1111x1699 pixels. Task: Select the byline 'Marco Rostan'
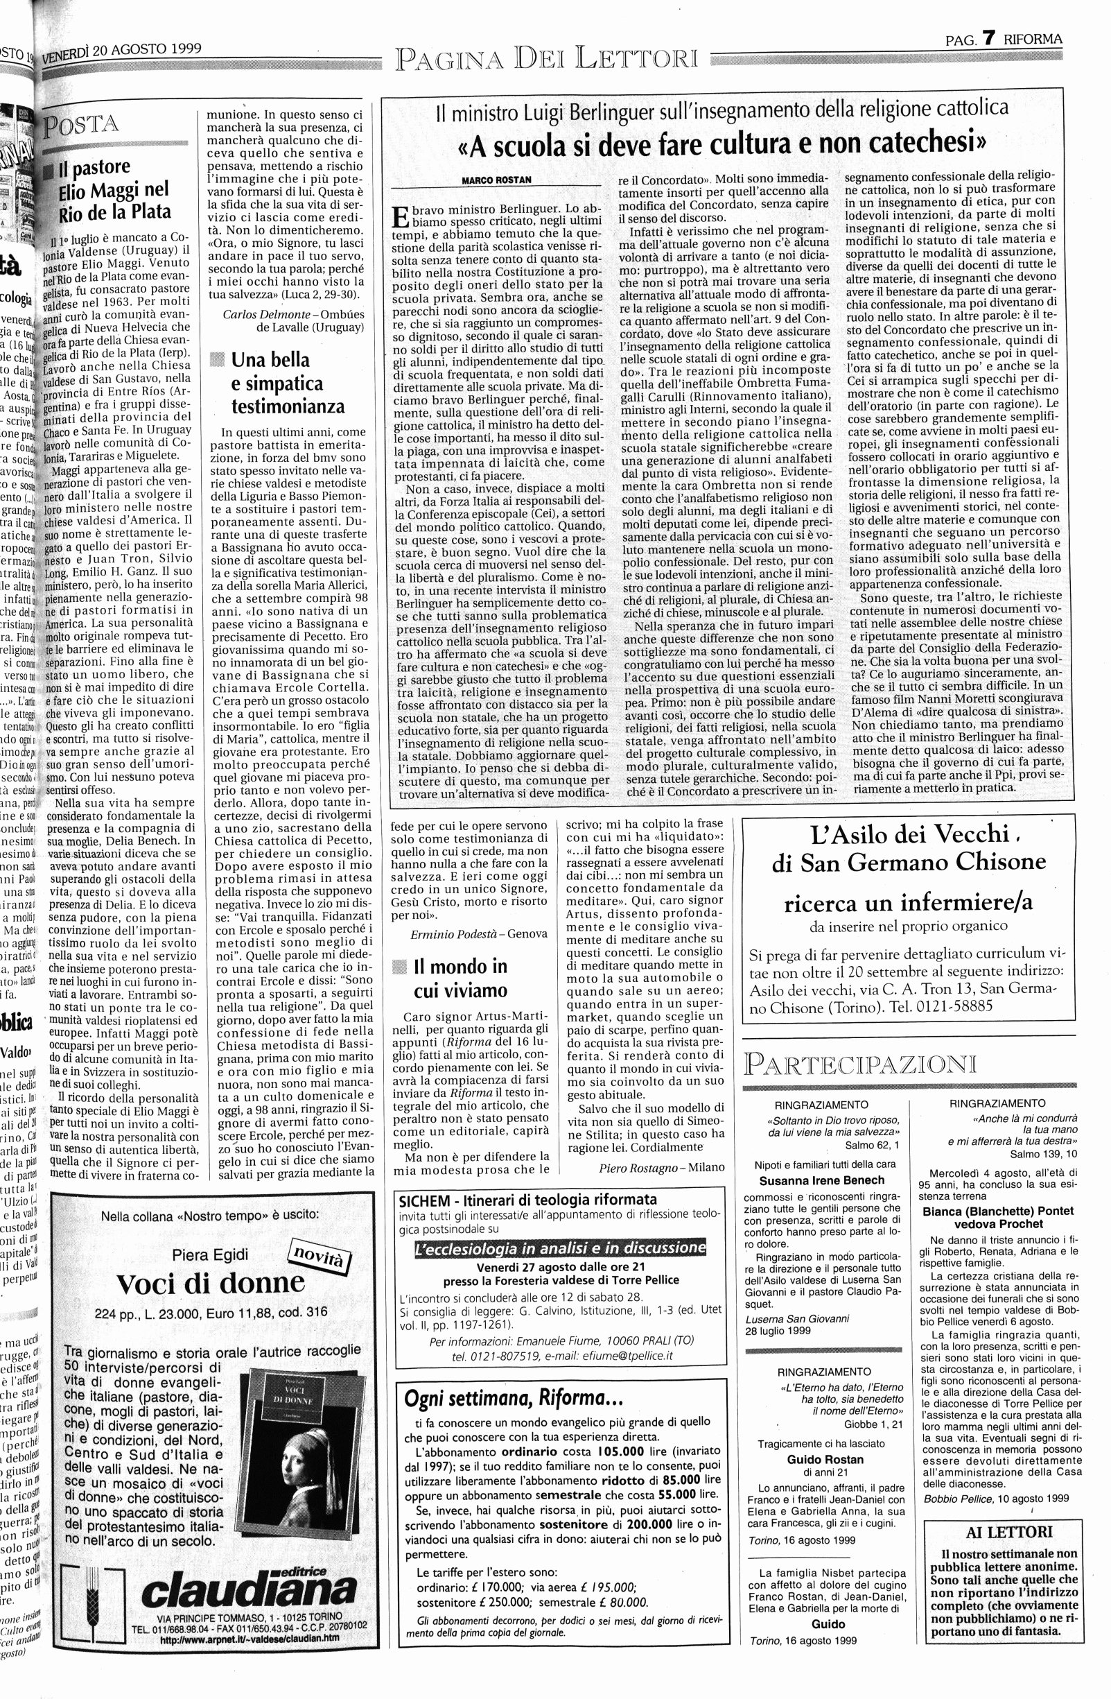[x=496, y=180]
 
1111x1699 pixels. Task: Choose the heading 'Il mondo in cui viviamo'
[x=460, y=978]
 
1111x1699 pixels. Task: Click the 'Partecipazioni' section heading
[x=859, y=1064]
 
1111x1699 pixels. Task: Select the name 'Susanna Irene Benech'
[x=821, y=1180]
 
